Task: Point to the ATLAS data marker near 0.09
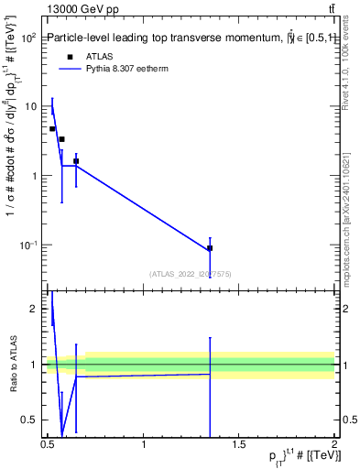point(210,248)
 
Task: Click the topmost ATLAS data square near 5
point(52,129)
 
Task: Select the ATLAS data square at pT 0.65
point(76,161)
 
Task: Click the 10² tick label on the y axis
point(29,38)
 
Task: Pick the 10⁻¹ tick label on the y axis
point(28,245)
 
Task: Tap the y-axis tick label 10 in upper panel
point(31,106)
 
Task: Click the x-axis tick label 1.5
point(239,444)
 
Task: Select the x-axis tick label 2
point(334,444)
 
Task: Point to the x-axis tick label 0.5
point(49,444)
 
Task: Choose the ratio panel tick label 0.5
point(31,420)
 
